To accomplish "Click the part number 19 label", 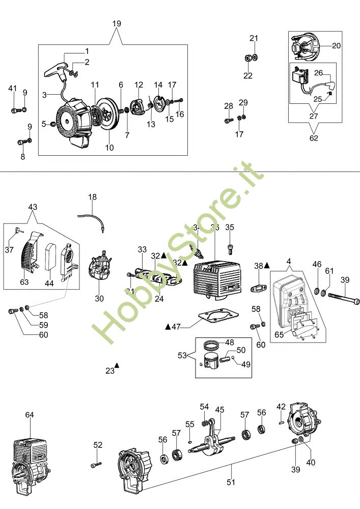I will click(x=117, y=23).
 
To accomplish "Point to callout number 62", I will click(x=314, y=137).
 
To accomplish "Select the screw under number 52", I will click(x=97, y=464).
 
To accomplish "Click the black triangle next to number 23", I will click(x=117, y=365).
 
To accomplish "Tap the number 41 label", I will click(x=12, y=89).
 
